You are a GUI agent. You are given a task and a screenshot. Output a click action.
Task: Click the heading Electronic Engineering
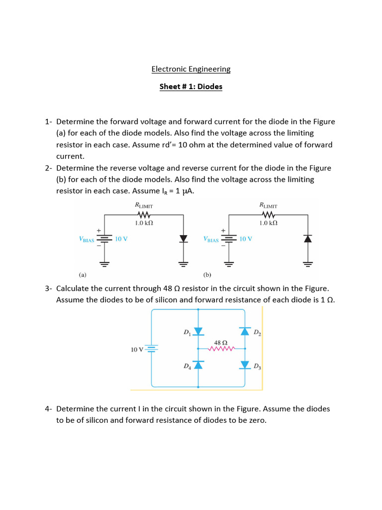point(191,69)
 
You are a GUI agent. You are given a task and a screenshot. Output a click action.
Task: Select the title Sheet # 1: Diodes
point(191,87)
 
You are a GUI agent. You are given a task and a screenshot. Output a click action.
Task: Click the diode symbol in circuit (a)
point(184,239)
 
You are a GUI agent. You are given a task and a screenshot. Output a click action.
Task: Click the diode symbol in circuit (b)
point(308,239)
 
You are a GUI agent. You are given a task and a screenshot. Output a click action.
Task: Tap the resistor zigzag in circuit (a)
point(144,215)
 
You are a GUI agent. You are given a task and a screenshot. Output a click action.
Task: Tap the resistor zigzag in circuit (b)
point(268,215)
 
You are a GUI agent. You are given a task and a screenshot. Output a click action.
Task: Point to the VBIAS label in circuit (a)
point(87,240)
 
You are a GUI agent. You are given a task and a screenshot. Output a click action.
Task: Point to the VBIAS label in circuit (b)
point(211,240)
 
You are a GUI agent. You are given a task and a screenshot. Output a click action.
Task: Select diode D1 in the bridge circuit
point(198,332)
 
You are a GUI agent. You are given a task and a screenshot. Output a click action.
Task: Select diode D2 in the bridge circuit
point(245,332)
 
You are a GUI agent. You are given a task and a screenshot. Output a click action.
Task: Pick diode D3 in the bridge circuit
point(245,366)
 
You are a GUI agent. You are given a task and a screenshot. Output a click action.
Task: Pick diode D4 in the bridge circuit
point(198,366)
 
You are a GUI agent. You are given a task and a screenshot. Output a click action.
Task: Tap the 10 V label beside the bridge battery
point(137,350)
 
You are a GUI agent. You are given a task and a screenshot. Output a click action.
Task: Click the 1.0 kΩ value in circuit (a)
point(144,224)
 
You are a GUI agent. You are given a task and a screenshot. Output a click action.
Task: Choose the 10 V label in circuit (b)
point(246,239)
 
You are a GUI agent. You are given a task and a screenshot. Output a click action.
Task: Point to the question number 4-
point(49,409)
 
